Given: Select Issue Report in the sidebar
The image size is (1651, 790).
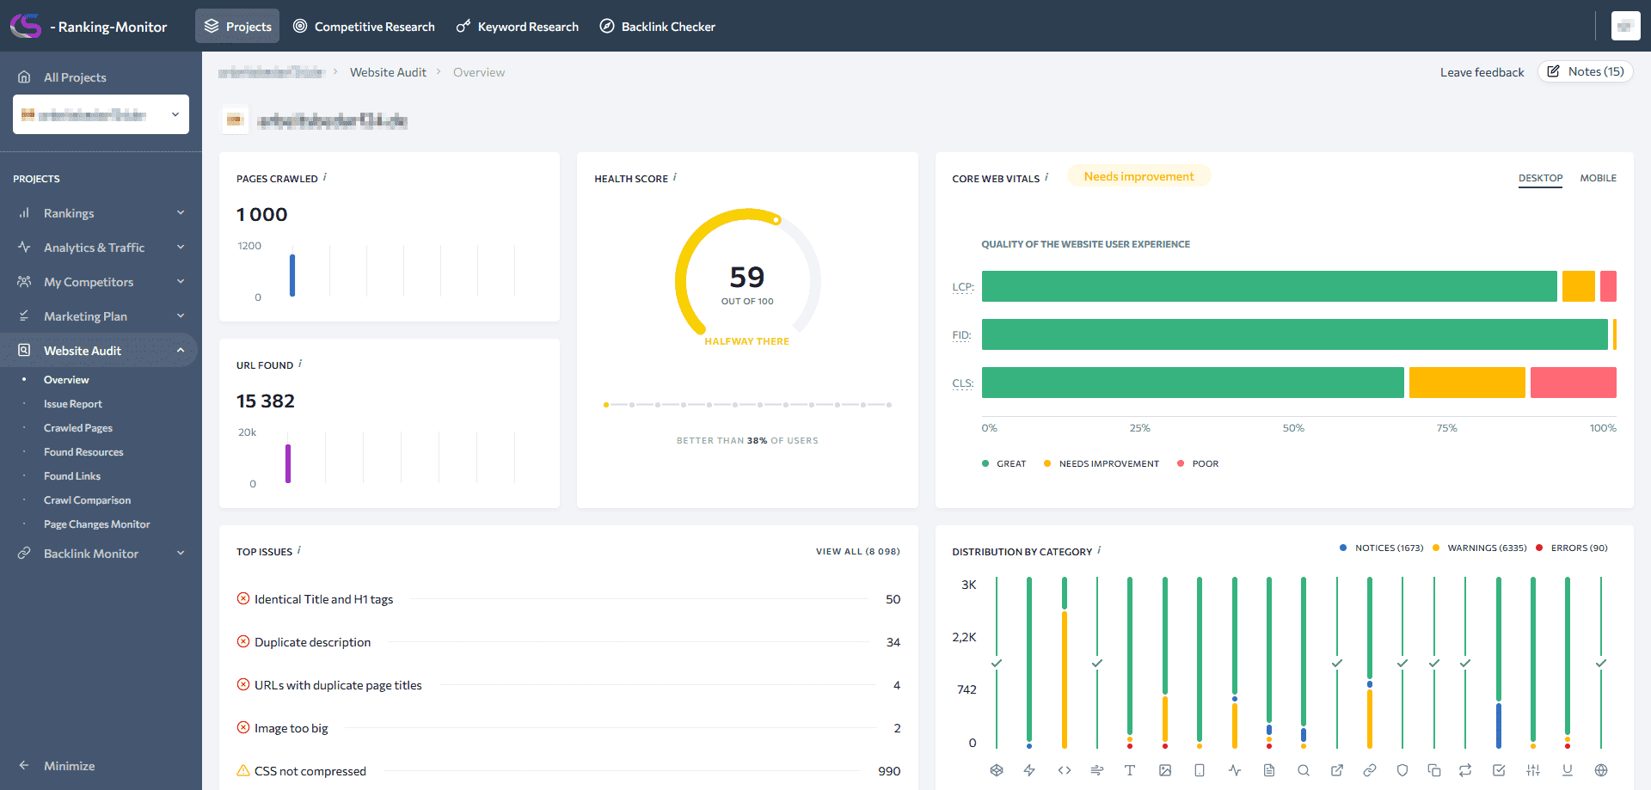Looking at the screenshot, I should [x=73, y=404].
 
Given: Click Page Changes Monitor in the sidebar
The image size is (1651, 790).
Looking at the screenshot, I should [x=96, y=524].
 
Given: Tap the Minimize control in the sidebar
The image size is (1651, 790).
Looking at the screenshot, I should [x=69, y=766].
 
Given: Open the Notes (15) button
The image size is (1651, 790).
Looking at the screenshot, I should [x=1586, y=72].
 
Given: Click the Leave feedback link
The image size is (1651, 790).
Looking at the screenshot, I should [x=1482, y=72].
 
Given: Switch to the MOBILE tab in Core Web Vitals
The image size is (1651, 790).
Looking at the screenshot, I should [x=1598, y=178].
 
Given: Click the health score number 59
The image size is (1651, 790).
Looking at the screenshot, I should [x=746, y=278].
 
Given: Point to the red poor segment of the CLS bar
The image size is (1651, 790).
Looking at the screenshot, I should [x=1573, y=383].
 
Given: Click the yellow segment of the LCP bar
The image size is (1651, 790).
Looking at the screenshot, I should [x=1578, y=286].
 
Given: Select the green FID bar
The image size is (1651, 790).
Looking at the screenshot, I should [x=1294, y=334].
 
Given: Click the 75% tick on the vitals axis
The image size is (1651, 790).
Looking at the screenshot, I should [x=1446, y=428].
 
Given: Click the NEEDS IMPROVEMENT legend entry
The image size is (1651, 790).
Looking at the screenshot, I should [x=1108, y=464].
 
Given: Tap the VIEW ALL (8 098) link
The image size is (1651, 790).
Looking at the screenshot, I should [x=857, y=552].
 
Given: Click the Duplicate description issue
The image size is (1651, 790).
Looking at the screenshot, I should [x=312, y=642].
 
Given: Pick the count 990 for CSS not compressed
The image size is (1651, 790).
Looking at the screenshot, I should [x=889, y=771].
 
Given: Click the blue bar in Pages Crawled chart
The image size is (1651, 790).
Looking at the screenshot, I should [x=292, y=275].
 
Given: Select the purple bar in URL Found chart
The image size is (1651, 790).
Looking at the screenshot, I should [x=288, y=463].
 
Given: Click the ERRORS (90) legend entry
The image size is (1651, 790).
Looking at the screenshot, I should [x=1578, y=548].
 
